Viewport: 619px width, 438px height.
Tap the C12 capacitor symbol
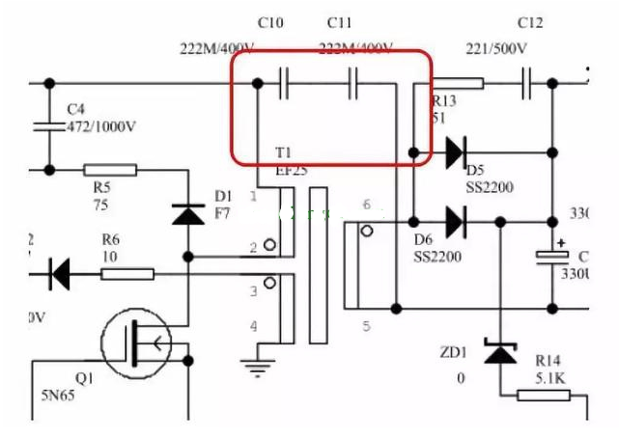(527, 84)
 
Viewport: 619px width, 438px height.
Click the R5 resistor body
(112, 170)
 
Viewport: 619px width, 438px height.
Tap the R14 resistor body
(544, 395)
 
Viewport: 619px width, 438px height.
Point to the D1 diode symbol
(188, 213)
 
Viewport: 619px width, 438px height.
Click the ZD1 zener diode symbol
(499, 354)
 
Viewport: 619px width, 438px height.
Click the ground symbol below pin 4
(257, 366)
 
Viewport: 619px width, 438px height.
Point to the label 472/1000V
(102, 125)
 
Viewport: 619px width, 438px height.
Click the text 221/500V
(496, 49)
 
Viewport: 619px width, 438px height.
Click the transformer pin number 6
(366, 205)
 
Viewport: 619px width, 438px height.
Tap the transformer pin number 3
(254, 290)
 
